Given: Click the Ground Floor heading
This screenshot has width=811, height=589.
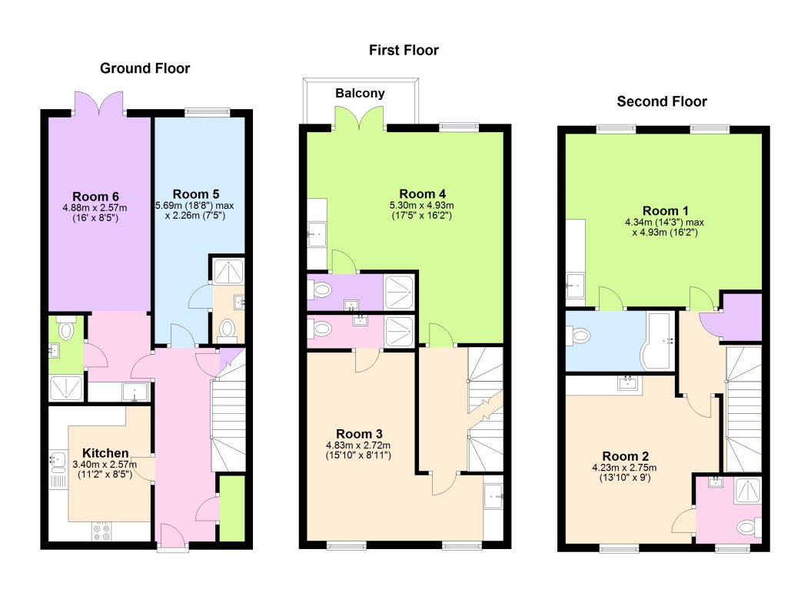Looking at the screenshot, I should [145, 68].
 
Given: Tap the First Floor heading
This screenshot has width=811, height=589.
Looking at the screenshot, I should [403, 50].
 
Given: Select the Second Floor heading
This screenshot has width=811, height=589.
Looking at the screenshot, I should [661, 101].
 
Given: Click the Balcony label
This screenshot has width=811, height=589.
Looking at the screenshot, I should [360, 94].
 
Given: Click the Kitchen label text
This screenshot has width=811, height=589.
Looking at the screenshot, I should [105, 452].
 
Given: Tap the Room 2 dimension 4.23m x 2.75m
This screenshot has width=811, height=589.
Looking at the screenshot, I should [623, 467].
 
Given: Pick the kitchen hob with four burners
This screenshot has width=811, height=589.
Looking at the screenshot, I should [101, 531].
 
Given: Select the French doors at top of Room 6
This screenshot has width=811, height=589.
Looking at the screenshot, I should [98, 103].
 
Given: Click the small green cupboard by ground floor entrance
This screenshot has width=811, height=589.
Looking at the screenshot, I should [231, 508].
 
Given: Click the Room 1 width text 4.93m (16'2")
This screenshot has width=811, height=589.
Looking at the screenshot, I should [665, 231].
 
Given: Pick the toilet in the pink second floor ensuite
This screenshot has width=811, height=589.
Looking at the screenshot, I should [744, 528].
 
